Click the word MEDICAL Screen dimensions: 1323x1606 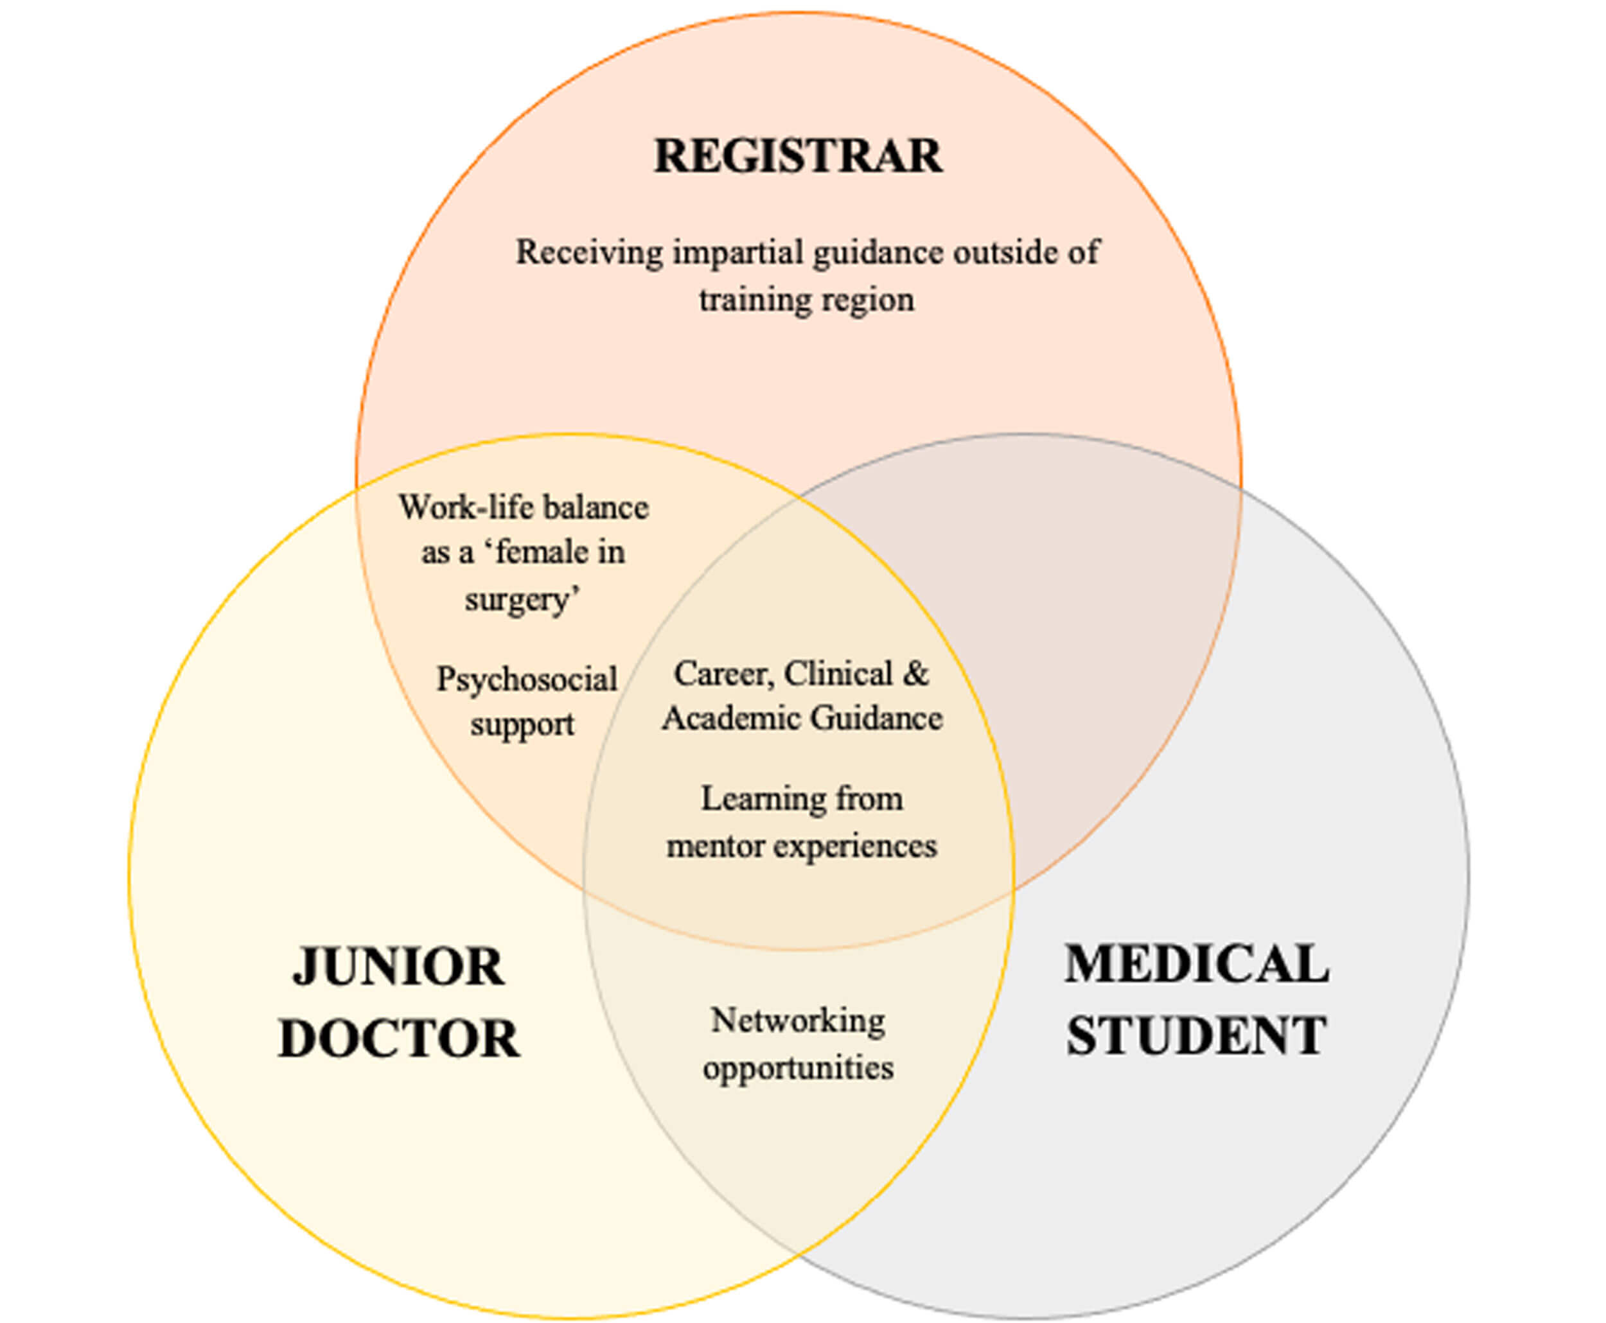(1197, 964)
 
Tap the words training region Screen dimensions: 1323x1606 (806, 299)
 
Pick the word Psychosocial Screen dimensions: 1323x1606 (526, 679)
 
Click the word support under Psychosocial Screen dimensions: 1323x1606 (522, 724)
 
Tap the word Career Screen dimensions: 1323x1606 (723, 674)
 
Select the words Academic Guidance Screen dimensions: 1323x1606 (802, 718)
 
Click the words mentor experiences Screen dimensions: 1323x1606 (802, 846)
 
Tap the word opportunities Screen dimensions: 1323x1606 (798, 1067)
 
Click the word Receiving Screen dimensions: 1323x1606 (588, 253)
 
